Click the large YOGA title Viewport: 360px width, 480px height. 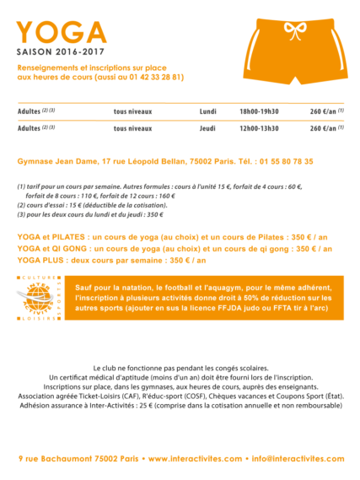(62, 32)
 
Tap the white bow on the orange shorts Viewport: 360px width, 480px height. (294, 31)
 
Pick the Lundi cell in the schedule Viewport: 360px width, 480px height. (207, 111)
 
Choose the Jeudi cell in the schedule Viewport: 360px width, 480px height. (207, 128)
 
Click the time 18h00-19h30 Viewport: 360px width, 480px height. (259, 111)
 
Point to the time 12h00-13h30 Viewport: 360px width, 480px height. (259, 128)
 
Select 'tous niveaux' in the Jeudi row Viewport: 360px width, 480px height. (132, 128)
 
